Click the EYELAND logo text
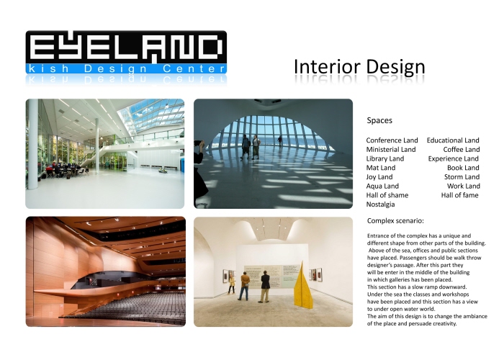pyautogui.click(x=126, y=47)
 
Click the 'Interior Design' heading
pyautogui.click(x=359, y=67)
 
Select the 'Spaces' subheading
pyautogui.click(x=379, y=120)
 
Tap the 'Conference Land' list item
pyautogui.click(x=392, y=140)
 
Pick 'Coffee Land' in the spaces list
pyautogui.click(x=462, y=149)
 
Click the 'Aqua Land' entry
pyautogui.click(x=382, y=186)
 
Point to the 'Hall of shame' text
pyautogui.click(x=387, y=195)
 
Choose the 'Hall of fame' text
pyautogui.click(x=460, y=195)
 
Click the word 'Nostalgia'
pyautogui.click(x=381, y=204)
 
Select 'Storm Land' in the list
pyautogui.click(x=462, y=176)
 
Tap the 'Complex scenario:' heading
pyautogui.click(x=395, y=220)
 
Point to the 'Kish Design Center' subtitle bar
pyautogui.click(x=126, y=68)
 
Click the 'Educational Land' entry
pyautogui.click(x=453, y=140)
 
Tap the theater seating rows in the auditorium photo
pyautogui.click(x=122, y=302)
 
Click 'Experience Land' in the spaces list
pyautogui.click(x=454, y=158)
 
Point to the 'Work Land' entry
pyautogui.click(x=463, y=186)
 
